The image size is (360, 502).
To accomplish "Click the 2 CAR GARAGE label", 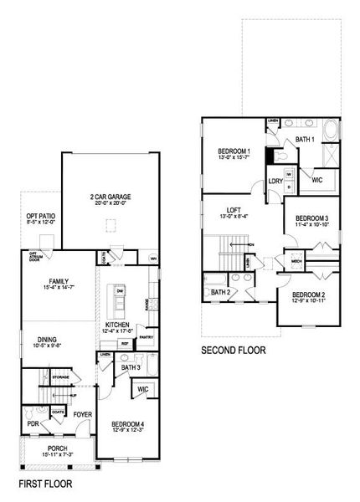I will (x=111, y=197).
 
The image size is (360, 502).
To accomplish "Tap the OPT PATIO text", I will (x=40, y=216).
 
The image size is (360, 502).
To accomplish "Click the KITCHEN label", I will (x=116, y=325).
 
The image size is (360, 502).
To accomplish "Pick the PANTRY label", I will (x=147, y=337).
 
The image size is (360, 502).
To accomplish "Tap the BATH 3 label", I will (x=130, y=366).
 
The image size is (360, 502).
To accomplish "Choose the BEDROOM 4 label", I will (x=128, y=424).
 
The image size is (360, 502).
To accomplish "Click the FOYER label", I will (x=82, y=414).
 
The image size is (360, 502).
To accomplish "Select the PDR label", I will (x=33, y=423).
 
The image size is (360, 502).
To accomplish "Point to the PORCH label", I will (x=58, y=448).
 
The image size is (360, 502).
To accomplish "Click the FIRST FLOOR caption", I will (x=45, y=484).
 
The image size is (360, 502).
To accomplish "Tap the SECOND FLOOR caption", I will (x=234, y=351).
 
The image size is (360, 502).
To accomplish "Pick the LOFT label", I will (x=234, y=211).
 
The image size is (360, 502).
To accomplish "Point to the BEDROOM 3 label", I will (x=311, y=218).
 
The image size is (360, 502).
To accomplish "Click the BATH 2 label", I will (x=220, y=292).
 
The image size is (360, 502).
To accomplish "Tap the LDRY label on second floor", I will (x=275, y=181).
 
